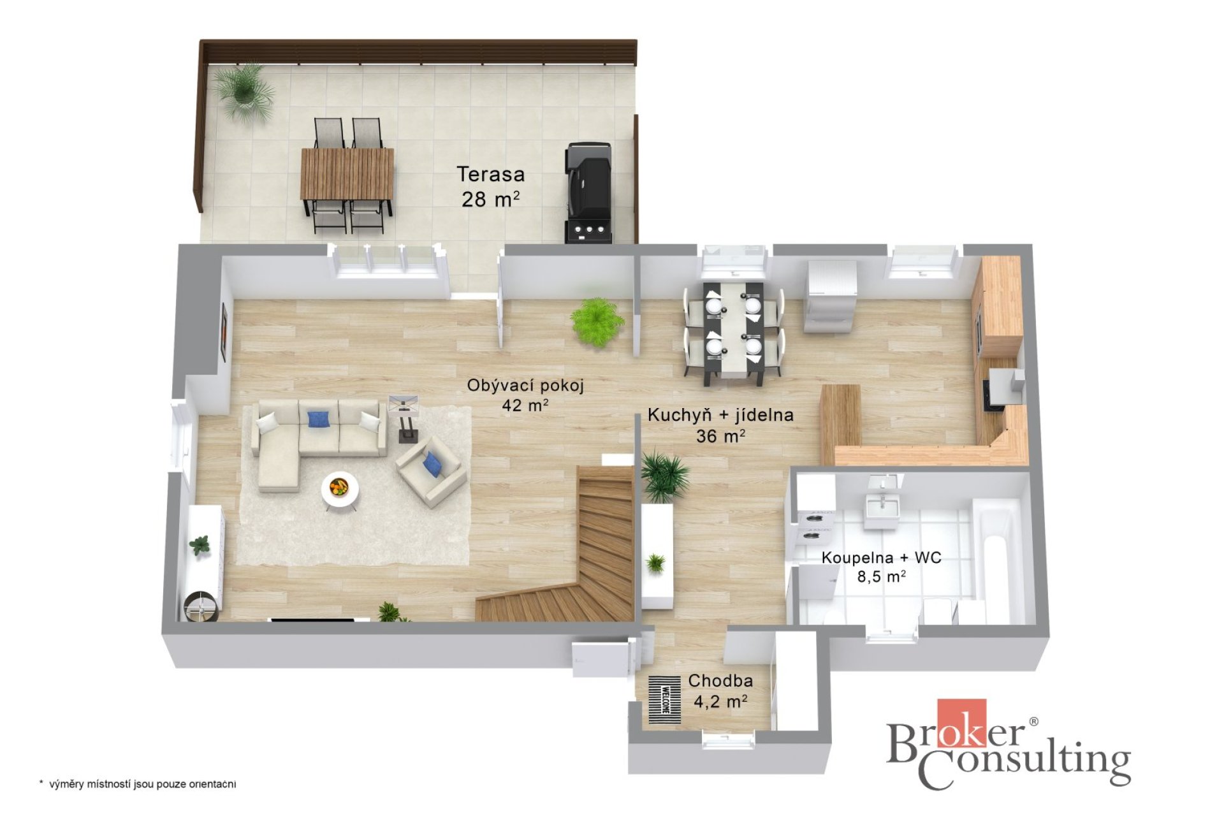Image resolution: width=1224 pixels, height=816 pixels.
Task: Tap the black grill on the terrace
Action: pos(588,193)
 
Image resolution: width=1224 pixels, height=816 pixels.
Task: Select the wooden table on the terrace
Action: pos(347,174)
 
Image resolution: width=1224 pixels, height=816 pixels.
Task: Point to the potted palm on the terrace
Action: pos(243,92)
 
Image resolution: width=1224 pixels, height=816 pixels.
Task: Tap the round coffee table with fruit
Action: pos(340,490)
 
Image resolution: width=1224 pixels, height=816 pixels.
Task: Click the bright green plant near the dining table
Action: pos(597,322)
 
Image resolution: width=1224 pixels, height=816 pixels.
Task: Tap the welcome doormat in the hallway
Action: pos(665,700)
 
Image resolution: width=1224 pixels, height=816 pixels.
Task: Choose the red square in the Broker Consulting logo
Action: pos(961,722)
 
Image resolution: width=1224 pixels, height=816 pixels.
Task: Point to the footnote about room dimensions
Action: pos(138,784)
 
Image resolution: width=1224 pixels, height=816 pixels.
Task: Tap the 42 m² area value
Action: pos(525,405)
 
